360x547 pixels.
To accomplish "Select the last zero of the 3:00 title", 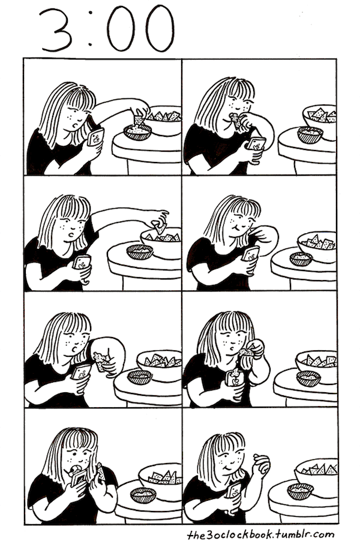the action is coord(160,28).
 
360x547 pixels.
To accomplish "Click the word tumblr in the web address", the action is coord(290,534).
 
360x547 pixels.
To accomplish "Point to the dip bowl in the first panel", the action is coord(137,132).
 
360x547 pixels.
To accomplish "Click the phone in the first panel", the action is coord(96,137).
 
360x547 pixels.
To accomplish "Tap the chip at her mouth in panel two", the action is coord(236,121).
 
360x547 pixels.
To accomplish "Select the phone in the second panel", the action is coord(256,145).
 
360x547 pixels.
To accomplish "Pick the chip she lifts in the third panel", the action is coord(160,228).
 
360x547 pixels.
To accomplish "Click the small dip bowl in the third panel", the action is coord(140,252).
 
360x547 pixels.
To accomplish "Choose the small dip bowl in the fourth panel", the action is coord(301,259).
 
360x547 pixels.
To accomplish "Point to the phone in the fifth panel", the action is coord(81,372).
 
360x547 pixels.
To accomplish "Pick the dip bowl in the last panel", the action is coord(300,491).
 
